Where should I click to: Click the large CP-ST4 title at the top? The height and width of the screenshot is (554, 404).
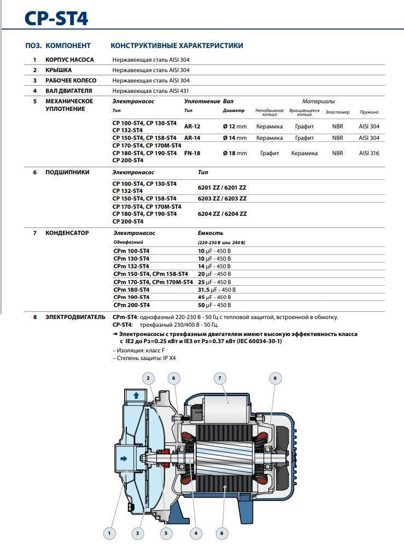point(56,19)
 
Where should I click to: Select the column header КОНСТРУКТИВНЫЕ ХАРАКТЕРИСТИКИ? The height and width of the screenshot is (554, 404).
point(177,46)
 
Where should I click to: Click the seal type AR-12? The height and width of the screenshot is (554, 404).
point(192,126)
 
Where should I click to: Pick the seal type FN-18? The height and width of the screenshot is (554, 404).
point(192,153)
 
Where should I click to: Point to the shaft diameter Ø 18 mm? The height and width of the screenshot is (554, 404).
point(235,153)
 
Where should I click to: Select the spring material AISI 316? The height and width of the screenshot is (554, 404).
point(369,153)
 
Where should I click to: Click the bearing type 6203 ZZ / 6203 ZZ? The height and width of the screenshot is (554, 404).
point(222,198)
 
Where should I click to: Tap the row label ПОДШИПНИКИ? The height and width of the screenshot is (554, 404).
point(67,172)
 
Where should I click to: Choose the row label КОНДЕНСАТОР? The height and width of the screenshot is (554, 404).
point(67,233)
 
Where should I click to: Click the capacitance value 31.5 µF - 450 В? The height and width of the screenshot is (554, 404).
point(216,290)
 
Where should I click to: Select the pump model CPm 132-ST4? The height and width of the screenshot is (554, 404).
point(131,266)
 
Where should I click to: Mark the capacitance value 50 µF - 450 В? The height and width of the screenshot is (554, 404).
point(214,305)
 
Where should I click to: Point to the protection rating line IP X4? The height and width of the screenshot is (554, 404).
point(144,358)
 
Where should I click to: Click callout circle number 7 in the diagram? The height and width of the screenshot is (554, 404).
point(220,378)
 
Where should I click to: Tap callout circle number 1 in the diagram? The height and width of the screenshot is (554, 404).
point(109,533)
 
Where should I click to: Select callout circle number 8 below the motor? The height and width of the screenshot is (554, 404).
point(221,533)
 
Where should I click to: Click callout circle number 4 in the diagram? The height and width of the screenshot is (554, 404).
point(195,533)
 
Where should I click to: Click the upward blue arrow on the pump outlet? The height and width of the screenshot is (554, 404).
point(136,395)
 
